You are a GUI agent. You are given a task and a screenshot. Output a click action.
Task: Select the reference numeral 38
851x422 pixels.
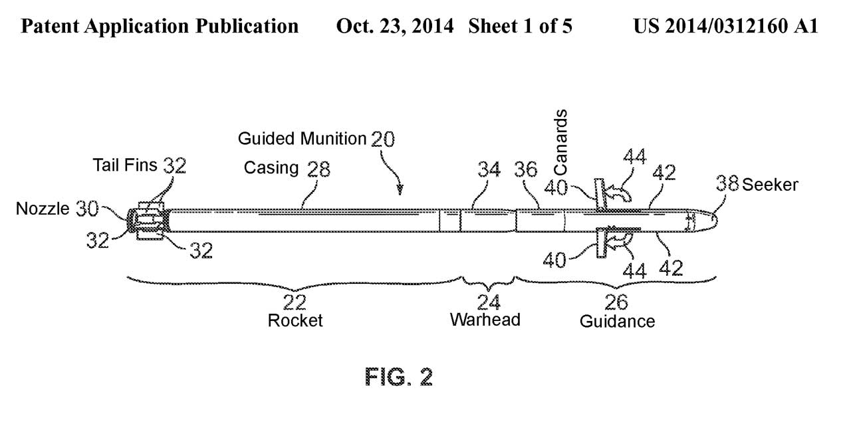pos(728,183)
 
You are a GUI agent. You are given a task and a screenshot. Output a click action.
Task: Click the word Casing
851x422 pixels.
pos(271,168)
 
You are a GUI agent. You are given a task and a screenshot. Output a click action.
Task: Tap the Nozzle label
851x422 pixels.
pos(43,210)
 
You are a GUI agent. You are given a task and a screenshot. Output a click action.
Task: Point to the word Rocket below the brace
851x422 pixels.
pos(295,320)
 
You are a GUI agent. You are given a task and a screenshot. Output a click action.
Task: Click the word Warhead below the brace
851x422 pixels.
pos(485,320)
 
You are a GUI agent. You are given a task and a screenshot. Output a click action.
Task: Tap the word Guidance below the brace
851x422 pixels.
pos(617,322)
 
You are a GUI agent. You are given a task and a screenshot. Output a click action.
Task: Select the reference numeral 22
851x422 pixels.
pos(295,302)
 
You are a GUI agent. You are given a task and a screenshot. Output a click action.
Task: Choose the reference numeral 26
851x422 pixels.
pos(616,303)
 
